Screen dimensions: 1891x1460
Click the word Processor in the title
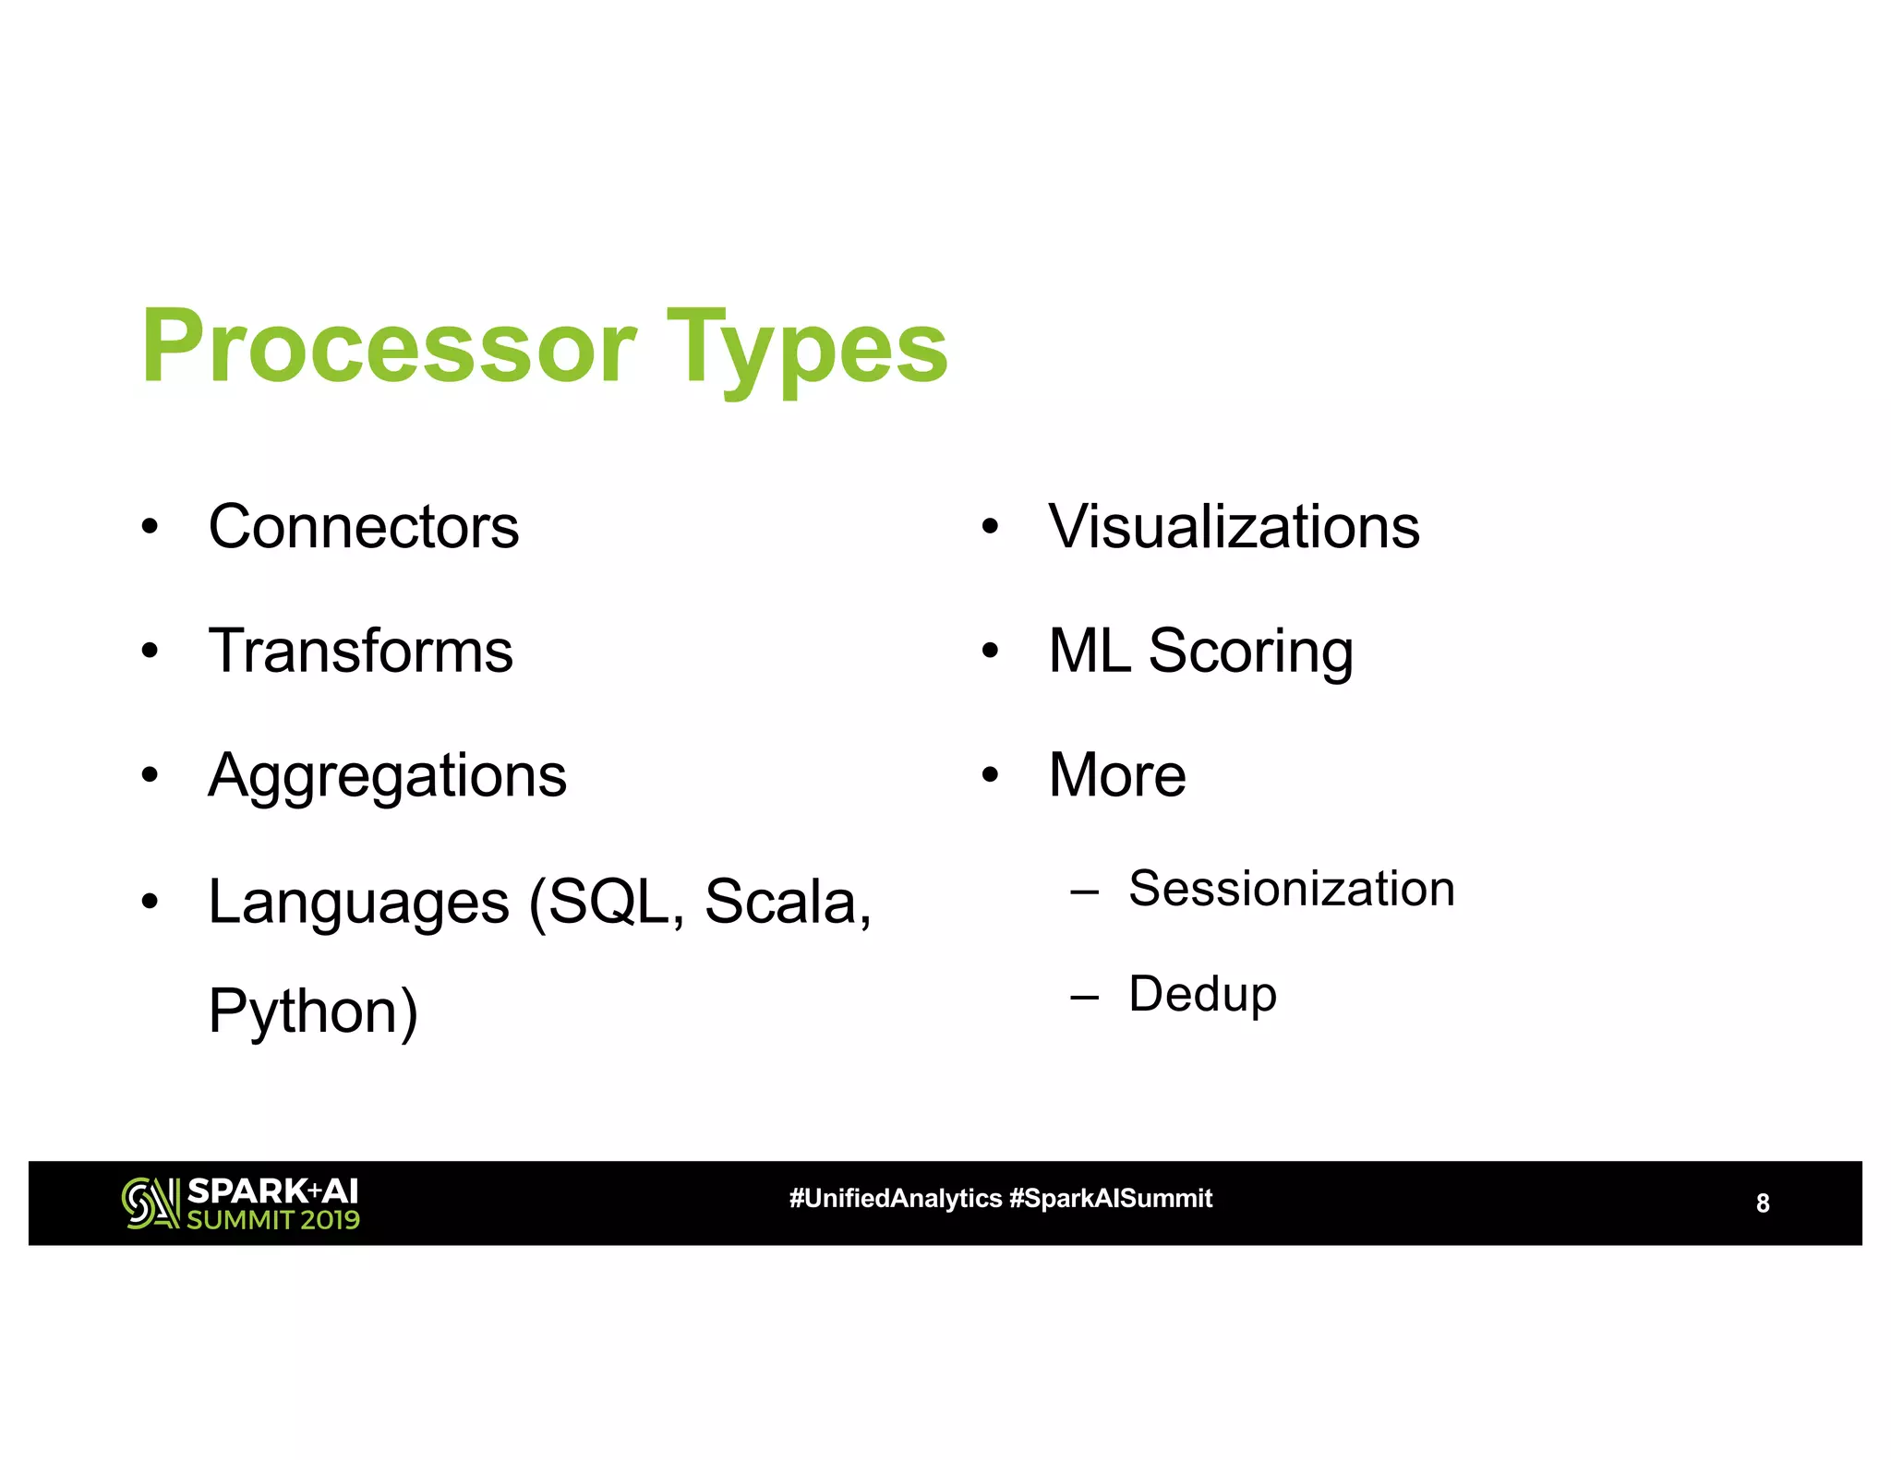click(x=389, y=347)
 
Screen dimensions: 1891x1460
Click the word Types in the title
click(x=807, y=351)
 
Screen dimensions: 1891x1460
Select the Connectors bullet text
click(x=364, y=527)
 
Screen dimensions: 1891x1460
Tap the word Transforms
click(x=360, y=651)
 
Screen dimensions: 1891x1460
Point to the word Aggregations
click(x=387, y=777)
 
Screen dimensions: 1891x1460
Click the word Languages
click(x=358, y=903)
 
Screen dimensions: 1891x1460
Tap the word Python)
click(x=313, y=1012)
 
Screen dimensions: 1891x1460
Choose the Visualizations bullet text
click(x=1234, y=527)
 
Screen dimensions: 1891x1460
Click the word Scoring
click(x=1250, y=652)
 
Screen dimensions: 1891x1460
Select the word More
click(x=1117, y=775)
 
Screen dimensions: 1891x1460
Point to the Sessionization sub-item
click(x=1291, y=890)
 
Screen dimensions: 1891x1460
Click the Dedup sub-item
click(x=1202, y=995)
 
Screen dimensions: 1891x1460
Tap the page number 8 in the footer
click(x=1763, y=1203)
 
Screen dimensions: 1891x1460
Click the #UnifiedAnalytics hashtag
click(x=895, y=1199)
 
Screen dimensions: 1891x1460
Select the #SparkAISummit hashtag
click(x=1111, y=1199)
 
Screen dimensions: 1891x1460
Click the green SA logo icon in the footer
click(x=150, y=1203)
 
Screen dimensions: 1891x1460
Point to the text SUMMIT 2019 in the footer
click(x=273, y=1220)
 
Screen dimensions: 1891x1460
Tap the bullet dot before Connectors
click(x=150, y=528)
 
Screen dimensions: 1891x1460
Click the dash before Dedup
click(x=1084, y=997)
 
